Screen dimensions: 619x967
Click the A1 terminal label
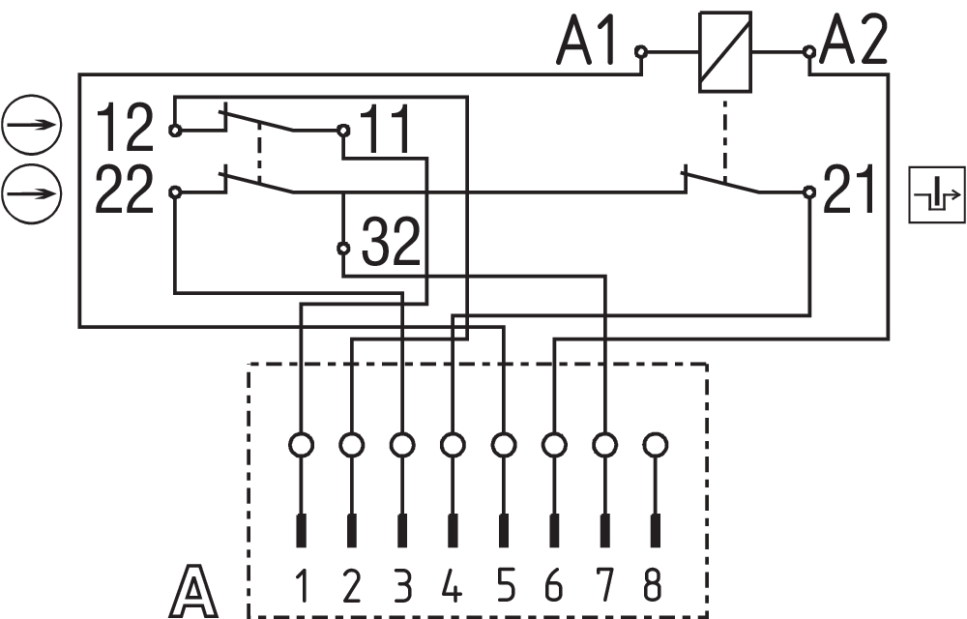click(x=586, y=44)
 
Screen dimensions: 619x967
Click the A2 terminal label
click(x=853, y=44)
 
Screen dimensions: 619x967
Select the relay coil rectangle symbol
click(x=724, y=52)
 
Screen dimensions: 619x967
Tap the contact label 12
click(x=125, y=130)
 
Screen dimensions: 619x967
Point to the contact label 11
click(x=386, y=130)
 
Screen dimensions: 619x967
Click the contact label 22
click(x=125, y=191)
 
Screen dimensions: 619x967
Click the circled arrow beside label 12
click(x=32, y=126)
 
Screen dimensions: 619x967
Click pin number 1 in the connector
click(x=302, y=586)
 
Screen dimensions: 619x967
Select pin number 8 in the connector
click(x=655, y=586)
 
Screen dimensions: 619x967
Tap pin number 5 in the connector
click(x=504, y=586)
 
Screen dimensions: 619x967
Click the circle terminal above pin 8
click(x=655, y=445)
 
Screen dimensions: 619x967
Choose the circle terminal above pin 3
click(x=402, y=445)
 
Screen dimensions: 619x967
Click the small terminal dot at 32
click(x=343, y=249)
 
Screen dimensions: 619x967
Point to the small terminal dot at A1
click(x=640, y=50)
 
